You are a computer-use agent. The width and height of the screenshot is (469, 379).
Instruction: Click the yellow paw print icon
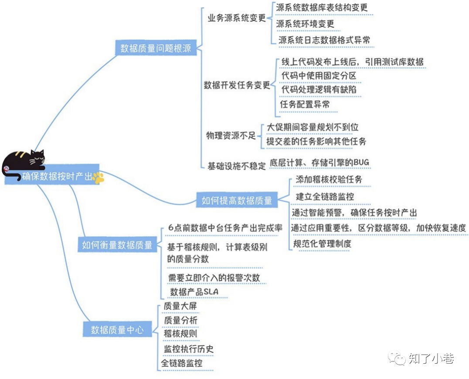(x=98, y=177)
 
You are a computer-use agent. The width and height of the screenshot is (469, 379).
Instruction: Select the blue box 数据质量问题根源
(x=156, y=48)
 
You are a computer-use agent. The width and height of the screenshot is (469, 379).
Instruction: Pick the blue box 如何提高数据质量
(x=237, y=200)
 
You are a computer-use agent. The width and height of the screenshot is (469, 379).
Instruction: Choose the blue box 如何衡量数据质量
(x=117, y=245)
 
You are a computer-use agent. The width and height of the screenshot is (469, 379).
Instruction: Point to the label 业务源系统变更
(x=236, y=18)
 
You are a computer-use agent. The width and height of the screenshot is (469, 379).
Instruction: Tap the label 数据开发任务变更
(x=237, y=85)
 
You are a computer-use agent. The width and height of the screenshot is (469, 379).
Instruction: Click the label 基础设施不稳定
(x=236, y=166)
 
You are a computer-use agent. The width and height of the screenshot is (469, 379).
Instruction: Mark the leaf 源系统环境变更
(x=305, y=24)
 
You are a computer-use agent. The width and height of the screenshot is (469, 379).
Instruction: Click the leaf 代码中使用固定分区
(x=319, y=76)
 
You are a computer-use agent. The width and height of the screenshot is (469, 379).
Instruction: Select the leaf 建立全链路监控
(x=325, y=196)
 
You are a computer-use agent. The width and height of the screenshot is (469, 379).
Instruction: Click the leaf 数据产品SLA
(x=194, y=291)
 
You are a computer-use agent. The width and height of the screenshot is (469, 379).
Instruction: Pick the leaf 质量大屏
(x=180, y=306)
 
